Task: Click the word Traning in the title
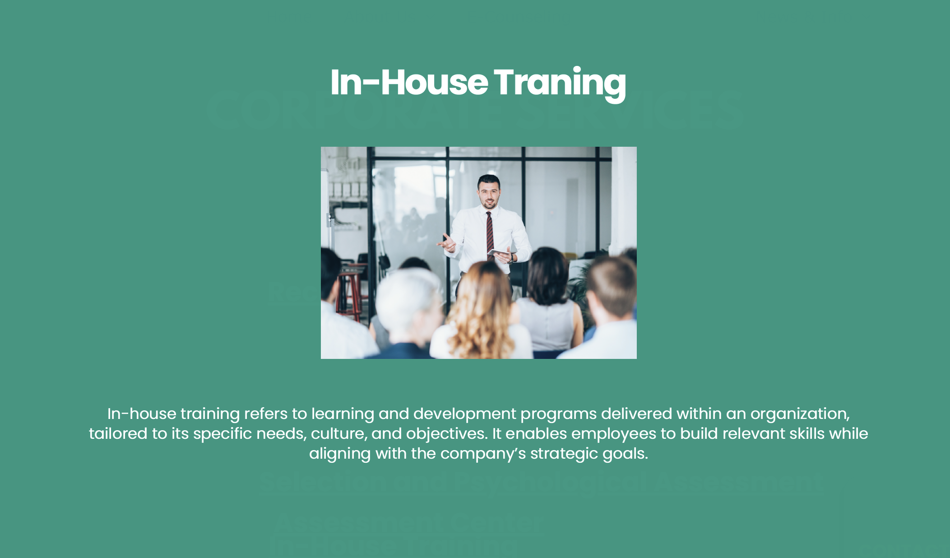pyautogui.click(x=560, y=84)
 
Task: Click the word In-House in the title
pyautogui.click(x=409, y=82)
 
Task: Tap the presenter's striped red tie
pyautogui.click(x=490, y=235)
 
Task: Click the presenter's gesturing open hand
pyautogui.click(x=447, y=243)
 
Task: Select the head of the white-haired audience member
pyautogui.click(x=408, y=300)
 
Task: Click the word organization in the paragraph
pyautogui.click(x=800, y=414)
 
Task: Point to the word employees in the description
pyautogui.click(x=614, y=434)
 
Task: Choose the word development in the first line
pyautogui.click(x=464, y=414)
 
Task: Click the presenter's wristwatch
pyautogui.click(x=512, y=259)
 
